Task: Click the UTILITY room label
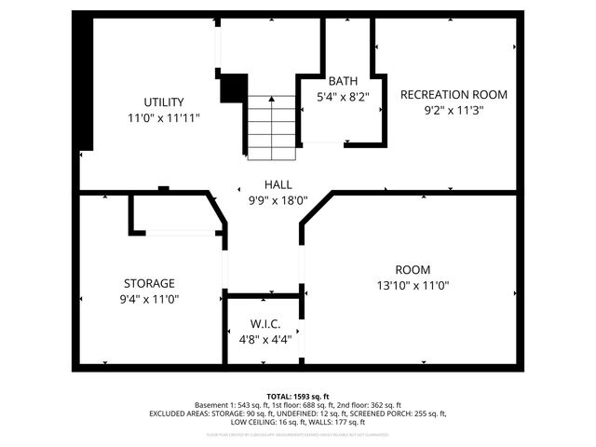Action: tap(163, 102)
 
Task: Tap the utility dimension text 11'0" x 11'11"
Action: tap(163, 118)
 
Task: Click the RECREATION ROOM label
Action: tap(454, 94)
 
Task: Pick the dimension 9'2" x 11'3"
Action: tap(454, 110)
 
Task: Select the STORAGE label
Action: tap(149, 283)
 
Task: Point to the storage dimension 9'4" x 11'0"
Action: tap(149, 299)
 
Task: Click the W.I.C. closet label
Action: tap(264, 323)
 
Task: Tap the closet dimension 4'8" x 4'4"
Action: tap(264, 339)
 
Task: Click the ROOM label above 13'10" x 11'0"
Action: tap(411, 269)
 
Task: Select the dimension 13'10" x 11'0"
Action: tap(411, 286)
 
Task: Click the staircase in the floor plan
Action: tap(271, 127)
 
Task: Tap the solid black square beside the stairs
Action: tap(233, 88)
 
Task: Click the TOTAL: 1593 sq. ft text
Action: tap(298, 396)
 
